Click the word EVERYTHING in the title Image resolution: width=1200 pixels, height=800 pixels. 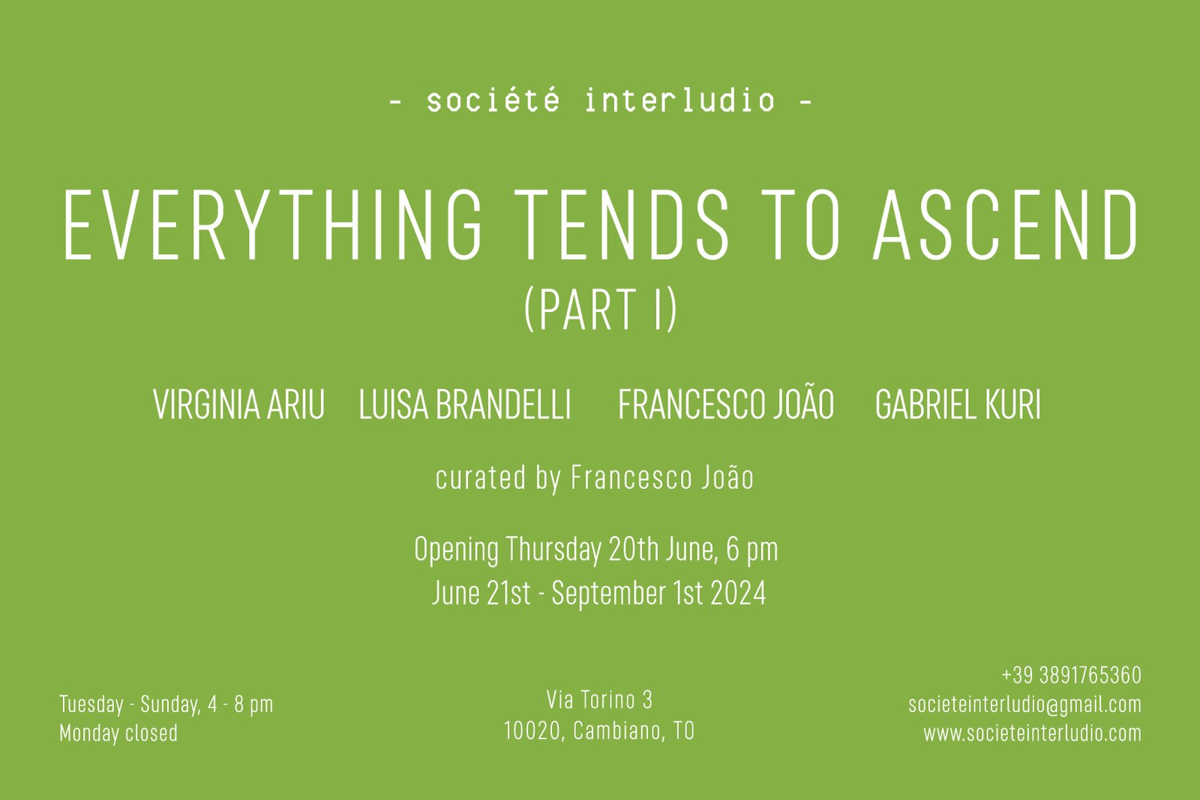(273, 225)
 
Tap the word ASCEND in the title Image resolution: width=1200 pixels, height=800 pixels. (1006, 225)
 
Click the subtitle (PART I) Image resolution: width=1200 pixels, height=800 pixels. (601, 309)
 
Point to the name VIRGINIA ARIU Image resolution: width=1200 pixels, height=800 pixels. (239, 404)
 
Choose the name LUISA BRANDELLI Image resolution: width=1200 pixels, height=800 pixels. (465, 404)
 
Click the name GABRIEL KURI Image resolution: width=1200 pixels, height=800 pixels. (958, 404)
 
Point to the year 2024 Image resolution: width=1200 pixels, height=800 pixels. (738, 593)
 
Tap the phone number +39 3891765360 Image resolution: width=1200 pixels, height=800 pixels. (1072, 676)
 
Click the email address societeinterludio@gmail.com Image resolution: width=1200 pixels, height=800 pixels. (1024, 705)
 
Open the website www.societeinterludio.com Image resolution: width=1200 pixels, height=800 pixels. (1032, 733)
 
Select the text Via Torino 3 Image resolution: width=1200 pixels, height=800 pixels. (599, 700)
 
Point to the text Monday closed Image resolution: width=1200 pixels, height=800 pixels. (118, 733)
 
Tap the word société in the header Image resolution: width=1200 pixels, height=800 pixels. (493, 100)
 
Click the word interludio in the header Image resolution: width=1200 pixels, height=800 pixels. (679, 100)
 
